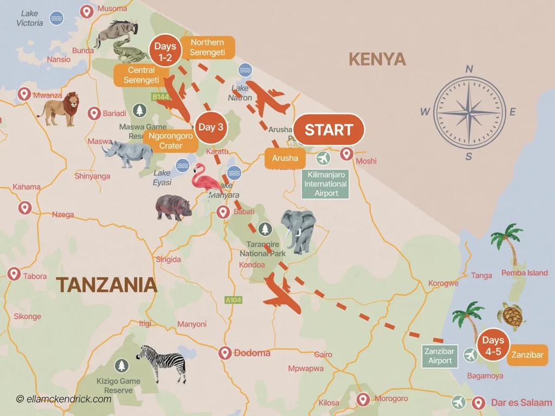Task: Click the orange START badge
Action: pos(329,131)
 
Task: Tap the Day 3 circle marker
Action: pos(211,128)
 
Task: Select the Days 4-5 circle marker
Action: pos(493,345)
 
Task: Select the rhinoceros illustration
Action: pos(128,154)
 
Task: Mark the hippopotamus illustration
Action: pos(173,207)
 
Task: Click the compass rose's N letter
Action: pos(469,69)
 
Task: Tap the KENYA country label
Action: pos(377,59)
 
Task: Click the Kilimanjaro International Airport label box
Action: pos(326,184)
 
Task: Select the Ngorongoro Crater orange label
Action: pos(170,141)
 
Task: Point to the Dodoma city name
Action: pos(252,353)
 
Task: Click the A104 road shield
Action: pos(233,300)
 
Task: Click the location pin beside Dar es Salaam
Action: pos(477,403)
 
